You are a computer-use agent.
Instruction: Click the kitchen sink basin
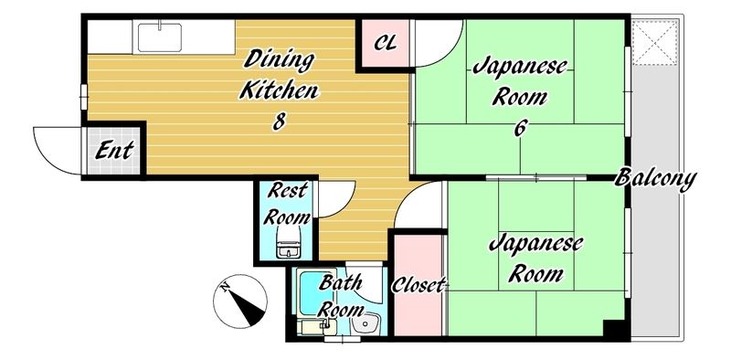pyautogui.click(x=160, y=38)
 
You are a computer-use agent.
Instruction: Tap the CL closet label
pyautogui.click(x=386, y=43)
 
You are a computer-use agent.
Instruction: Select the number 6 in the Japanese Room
pyautogui.click(x=520, y=127)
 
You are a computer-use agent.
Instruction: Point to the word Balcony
pyautogui.click(x=655, y=176)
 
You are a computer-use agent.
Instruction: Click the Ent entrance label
pyautogui.click(x=114, y=151)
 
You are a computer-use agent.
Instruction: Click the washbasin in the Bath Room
pyautogui.click(x=368, y=324)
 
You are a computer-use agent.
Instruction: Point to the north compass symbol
pyautogui.click(x=239, y=302)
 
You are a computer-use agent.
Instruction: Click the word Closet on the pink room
pyautogui.click(x=418, y=285)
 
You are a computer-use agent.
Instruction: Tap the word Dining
pyautogui.click(x=279, y=62)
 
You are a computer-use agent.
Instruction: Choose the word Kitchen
pyautogui.click(x=278, y=90)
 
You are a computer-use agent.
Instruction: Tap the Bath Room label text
pyautogui.click(x=339, y=294)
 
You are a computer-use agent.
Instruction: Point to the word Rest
pyautogui.click(x=288, y=191)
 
